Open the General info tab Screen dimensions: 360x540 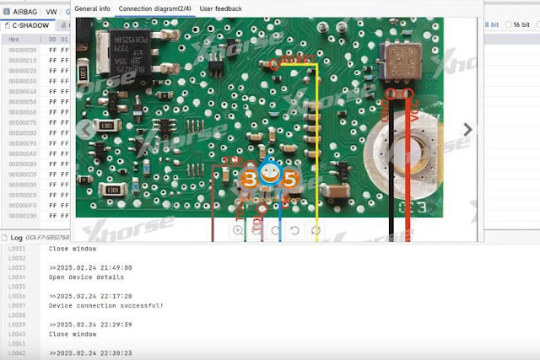pos(92,8)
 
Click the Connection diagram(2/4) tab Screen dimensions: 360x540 pos(154,8)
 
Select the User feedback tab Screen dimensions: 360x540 pos(220,8)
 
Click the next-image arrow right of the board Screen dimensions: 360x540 pos(469,129)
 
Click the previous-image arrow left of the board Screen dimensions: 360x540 pos(84,129)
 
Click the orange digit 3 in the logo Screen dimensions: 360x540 pos(250,179)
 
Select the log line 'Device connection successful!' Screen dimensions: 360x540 pos(106,306)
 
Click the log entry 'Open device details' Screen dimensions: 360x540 pos(86,277)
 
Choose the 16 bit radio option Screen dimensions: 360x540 pos(516,25)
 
